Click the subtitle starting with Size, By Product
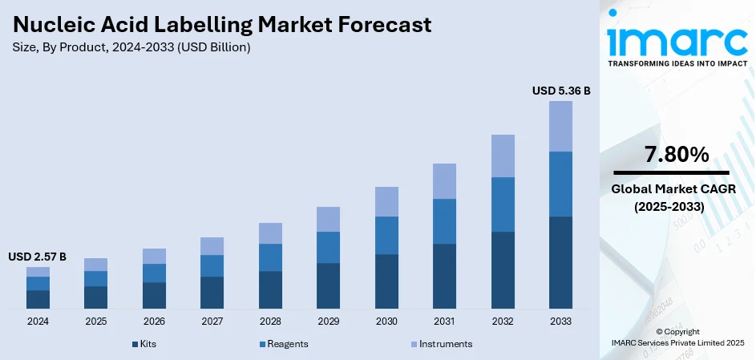pos(131,48)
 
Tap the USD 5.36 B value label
pos(560,91)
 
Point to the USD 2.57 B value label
pos(38,257)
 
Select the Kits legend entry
pos(144,343)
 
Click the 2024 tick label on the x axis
pos(38,321)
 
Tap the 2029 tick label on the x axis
pos(328,321)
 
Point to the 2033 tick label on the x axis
pos(560,321)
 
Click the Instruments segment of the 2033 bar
pos(560,126)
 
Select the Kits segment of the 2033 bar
pos(560,262)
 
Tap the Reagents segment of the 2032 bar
pos(503,204)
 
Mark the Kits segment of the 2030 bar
pos(386,281)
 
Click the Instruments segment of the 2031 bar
pos(444,181)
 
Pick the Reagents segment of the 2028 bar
pos(270,257)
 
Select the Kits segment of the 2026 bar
pos(154,295)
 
